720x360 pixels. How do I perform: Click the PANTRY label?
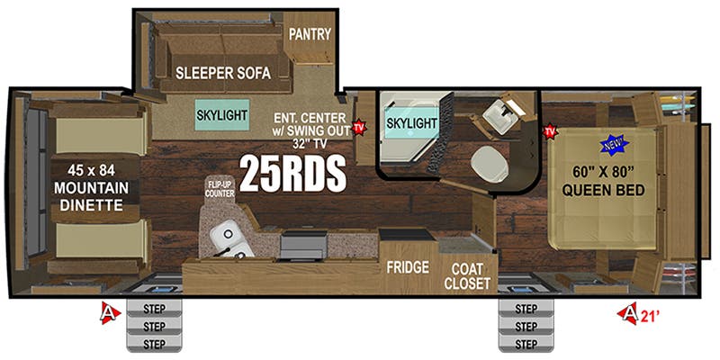310,35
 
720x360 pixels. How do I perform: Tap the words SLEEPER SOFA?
223,74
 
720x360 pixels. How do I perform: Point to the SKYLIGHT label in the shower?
411,121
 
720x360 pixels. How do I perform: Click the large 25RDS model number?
292,172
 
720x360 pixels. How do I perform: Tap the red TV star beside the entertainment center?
360,128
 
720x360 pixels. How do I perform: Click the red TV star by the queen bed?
549,132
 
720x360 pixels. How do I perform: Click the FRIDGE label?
407,267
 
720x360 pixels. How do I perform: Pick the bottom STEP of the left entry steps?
155,344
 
